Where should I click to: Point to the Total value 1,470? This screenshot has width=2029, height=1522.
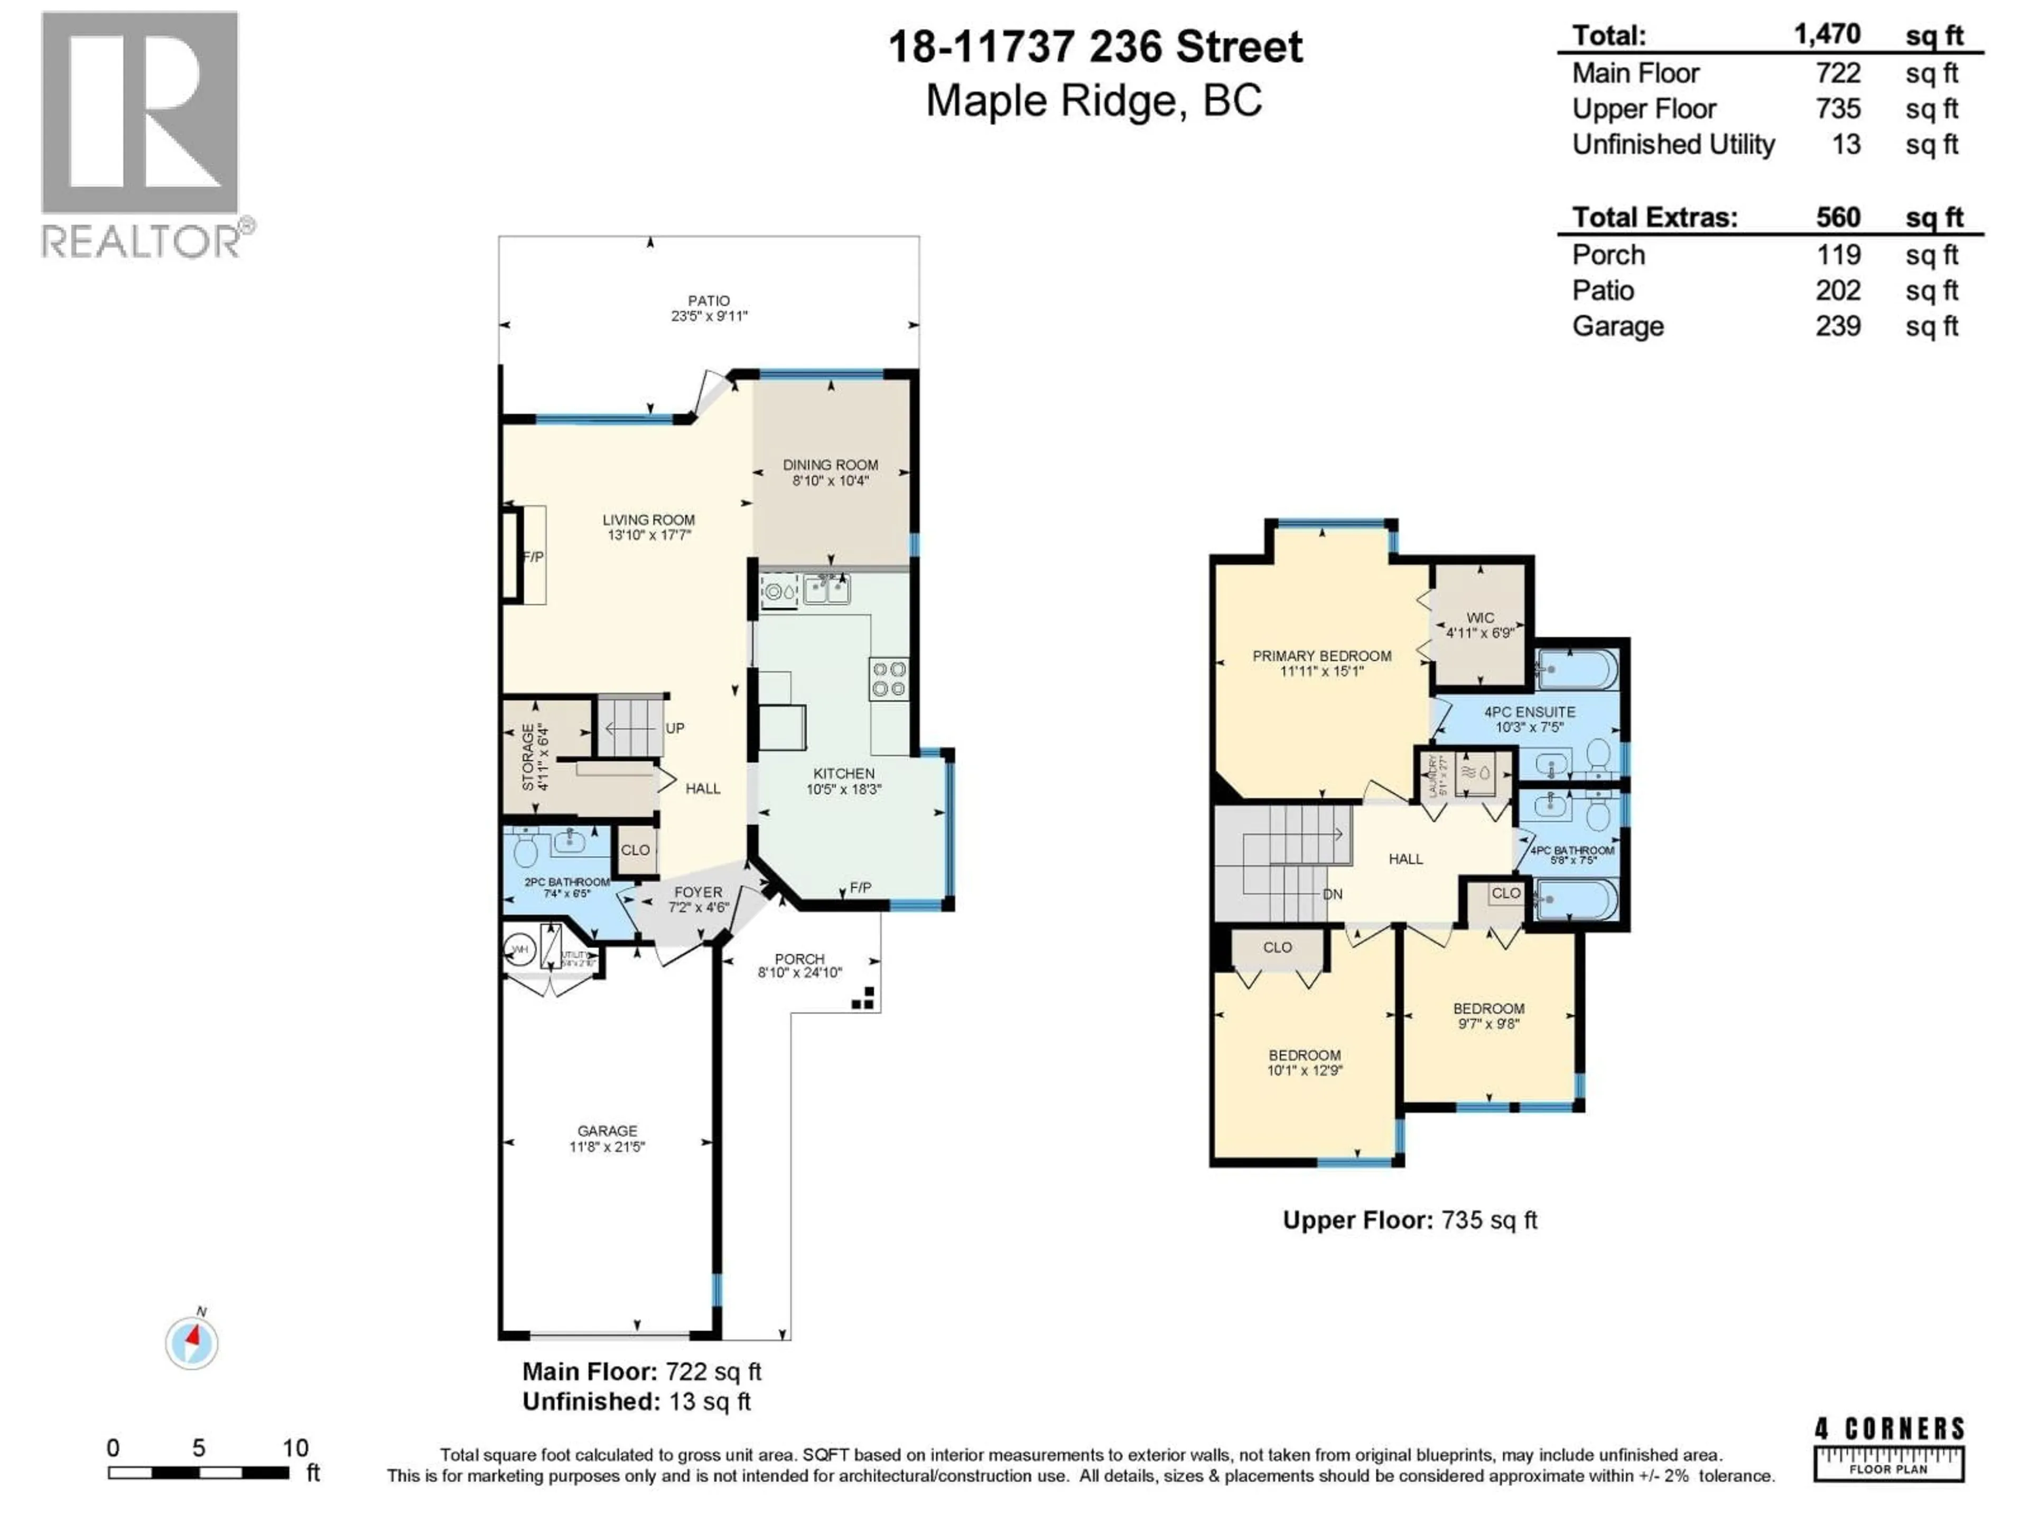[x=1827, y=35]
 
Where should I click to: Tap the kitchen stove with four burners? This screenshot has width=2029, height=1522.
[x=888, y=679]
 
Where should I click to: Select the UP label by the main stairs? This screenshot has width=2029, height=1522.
[x=674, y=728]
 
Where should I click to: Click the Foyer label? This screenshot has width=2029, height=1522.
[x=698, y=892]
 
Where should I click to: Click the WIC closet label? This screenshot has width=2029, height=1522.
[x=1479, y=618]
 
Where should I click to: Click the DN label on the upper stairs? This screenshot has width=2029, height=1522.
[x=1332, y=894]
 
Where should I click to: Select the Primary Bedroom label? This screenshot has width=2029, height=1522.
[x=1322, y=656]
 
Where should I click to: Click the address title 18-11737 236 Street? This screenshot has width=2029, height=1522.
[x=1095, y=48]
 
